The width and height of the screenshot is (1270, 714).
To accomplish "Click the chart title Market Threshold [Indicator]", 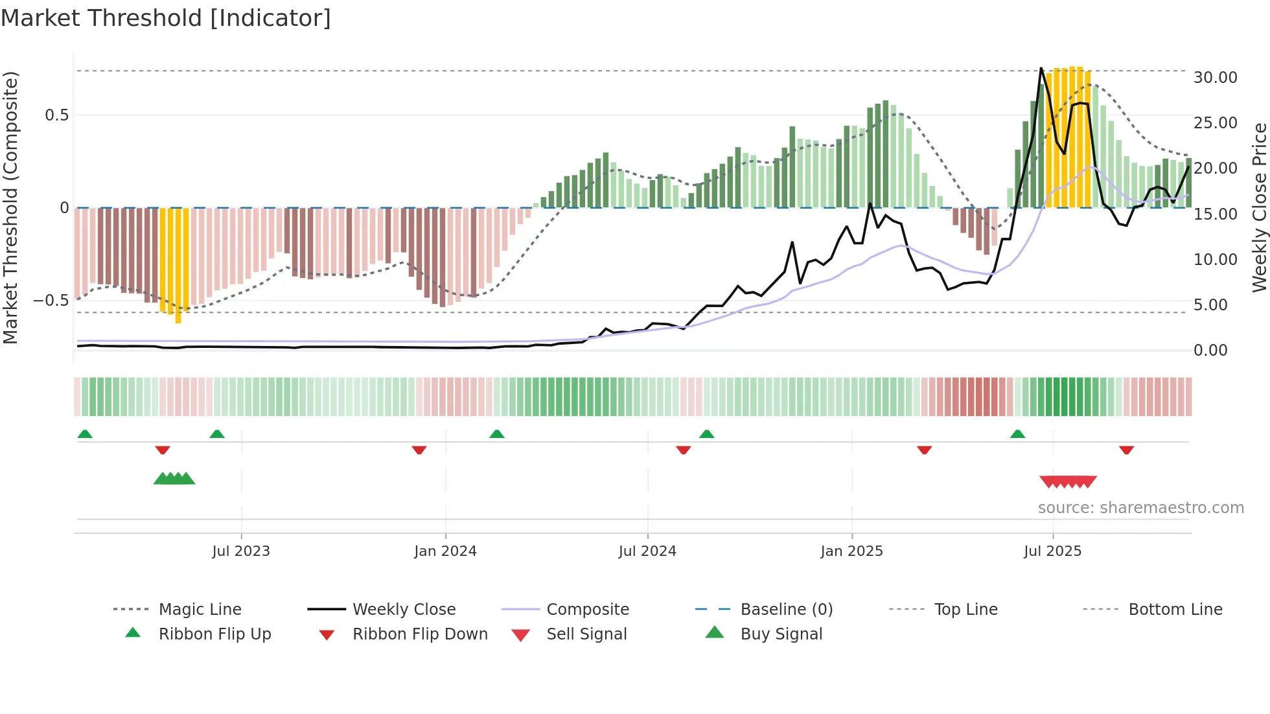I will [166, 18].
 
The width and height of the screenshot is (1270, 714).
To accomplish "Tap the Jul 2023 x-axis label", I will [241, 551].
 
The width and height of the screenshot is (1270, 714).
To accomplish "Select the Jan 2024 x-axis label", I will [445, 551].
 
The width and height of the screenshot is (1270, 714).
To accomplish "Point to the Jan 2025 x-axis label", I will [851, 551].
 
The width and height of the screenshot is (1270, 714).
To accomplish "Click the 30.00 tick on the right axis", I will [1215, 78].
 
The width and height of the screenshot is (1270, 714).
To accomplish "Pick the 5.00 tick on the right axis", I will [1210, 305].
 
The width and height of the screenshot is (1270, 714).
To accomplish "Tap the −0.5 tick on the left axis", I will [51, 301].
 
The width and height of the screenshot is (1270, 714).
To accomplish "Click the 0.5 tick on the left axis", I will [56, 115].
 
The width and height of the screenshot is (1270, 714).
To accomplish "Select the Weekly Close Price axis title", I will [1259, 207].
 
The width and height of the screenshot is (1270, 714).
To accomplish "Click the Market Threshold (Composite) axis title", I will [10, 207].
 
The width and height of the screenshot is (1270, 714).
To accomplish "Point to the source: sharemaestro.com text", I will [1140, 508].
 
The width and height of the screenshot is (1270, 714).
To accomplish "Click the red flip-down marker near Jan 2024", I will [419, 450].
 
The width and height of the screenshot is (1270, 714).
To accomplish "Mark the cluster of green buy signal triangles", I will [174, 479].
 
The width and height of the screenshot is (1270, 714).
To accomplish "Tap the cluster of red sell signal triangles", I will [1068, 482].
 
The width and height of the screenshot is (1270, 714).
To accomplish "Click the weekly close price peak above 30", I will [1041, 69].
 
